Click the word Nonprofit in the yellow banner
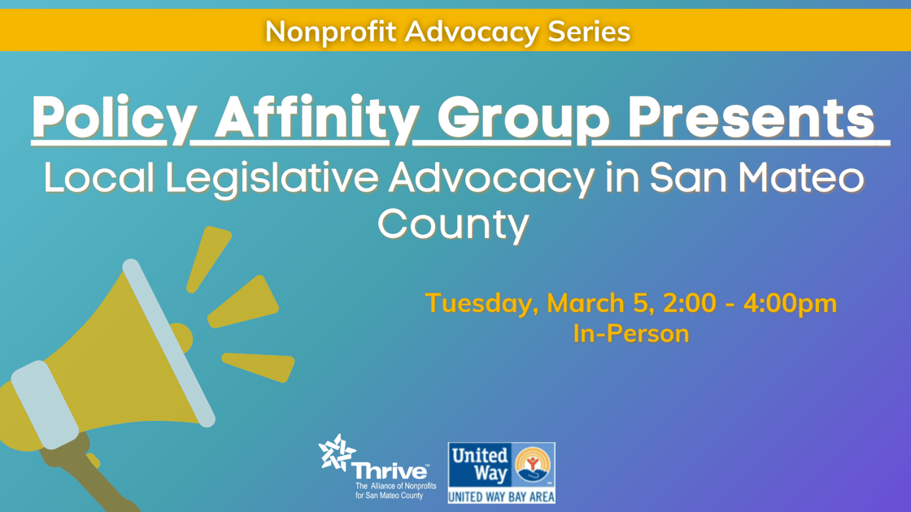330,32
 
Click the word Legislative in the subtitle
272,178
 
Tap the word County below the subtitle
454,224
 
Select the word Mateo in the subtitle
801,177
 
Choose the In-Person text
631,334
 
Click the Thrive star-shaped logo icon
337,452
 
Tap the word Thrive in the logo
390,471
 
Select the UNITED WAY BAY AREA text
501,497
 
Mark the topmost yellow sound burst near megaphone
208,259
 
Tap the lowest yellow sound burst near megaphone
259,367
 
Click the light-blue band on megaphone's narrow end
45,405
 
